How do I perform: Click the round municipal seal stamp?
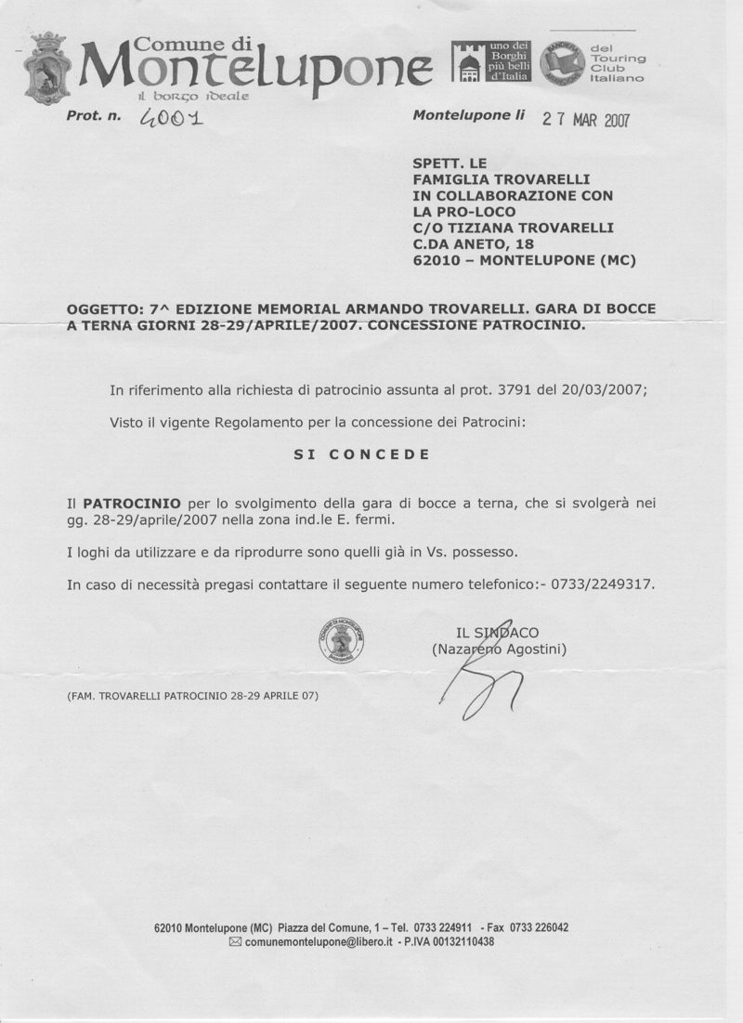point(341,641)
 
